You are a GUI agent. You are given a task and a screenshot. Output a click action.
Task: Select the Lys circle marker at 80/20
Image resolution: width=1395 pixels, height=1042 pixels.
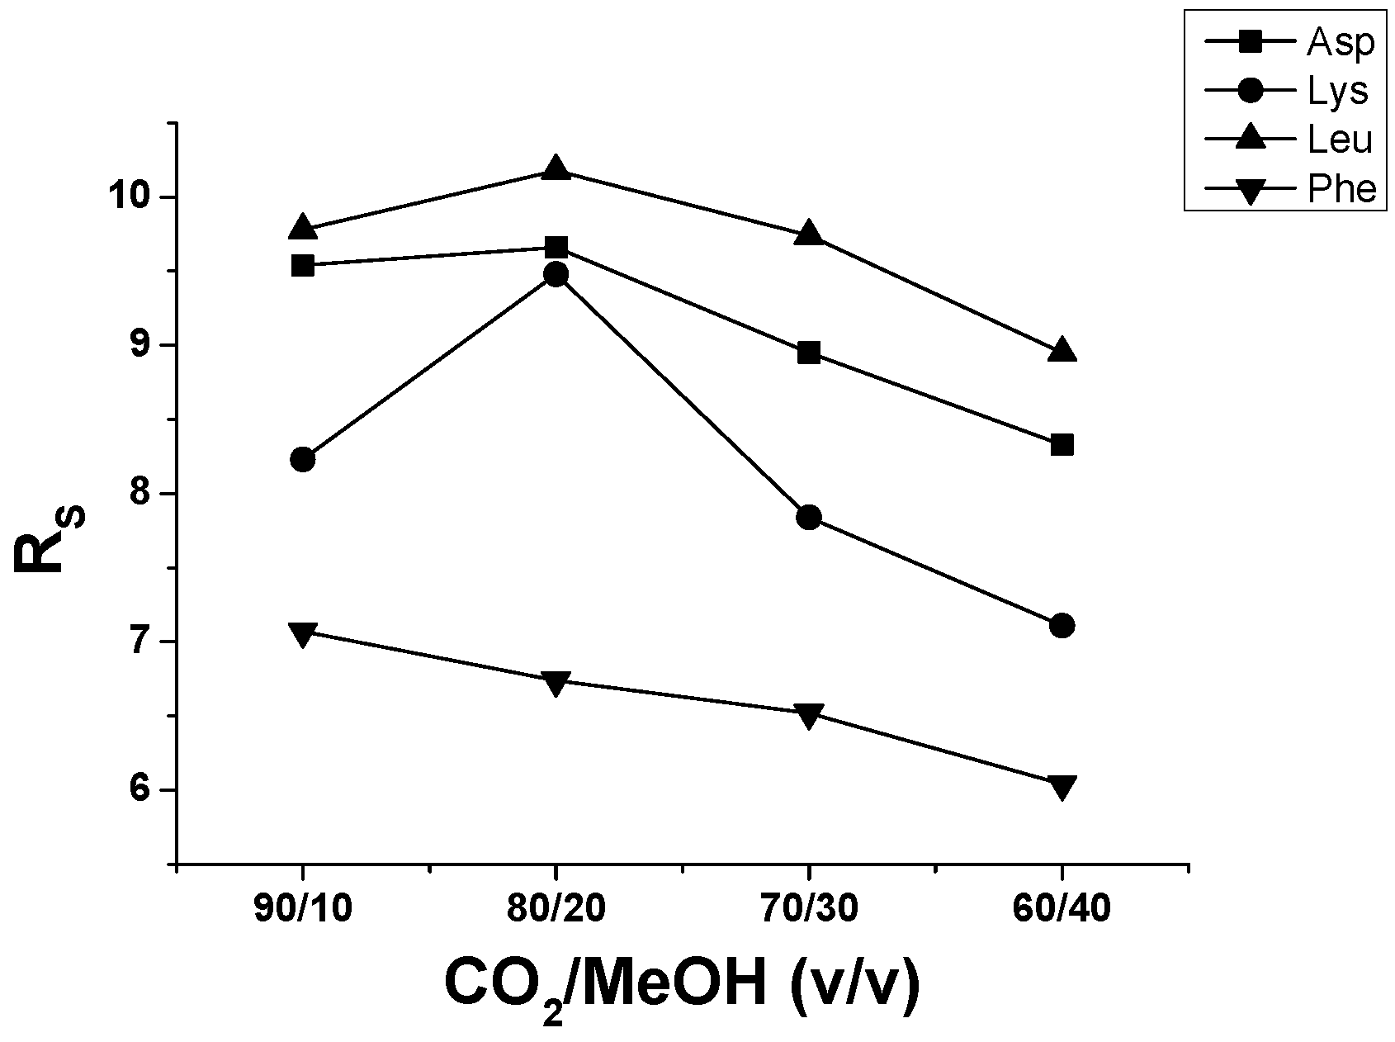click(x=556, y=274)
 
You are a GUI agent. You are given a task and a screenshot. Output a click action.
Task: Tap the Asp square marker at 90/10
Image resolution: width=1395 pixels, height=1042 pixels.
click(x=303, y=265)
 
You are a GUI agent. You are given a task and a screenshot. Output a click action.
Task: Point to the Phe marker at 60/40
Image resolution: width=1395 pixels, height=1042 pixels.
click(x=1062, y=786)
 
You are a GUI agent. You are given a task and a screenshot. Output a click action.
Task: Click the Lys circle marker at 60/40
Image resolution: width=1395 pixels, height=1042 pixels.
click(x=1062, y=625)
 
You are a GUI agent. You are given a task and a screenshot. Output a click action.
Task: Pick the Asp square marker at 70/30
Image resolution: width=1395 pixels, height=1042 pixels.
click(x=809, y=353)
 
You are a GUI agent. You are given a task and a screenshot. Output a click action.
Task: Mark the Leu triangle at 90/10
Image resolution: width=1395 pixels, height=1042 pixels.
click(x=303, y=228)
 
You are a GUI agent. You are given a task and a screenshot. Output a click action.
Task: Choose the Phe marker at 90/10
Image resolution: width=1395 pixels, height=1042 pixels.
click(x=303, y=634)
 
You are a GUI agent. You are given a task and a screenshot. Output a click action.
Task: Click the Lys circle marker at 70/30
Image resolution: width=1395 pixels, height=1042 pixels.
click(x=809, y=518)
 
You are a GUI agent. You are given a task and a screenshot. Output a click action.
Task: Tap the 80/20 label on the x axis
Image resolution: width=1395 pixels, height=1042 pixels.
click(x=556, y=909)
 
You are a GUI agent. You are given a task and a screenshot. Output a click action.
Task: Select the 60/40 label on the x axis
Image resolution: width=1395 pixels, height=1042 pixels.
click(x=1062, y=909)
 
